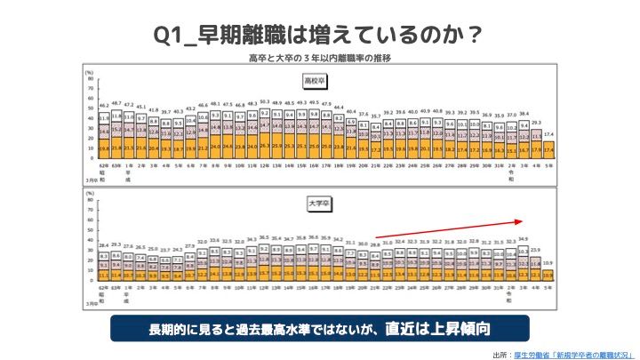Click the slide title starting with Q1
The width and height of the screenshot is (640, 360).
click(319, 33)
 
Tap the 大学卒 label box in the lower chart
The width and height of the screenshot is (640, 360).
click(317, 202)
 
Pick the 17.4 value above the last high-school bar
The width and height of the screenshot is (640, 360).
click(549, 133)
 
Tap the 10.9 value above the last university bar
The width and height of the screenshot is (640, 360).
click(549, 264)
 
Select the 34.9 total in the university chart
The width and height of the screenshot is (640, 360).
click(523, 238)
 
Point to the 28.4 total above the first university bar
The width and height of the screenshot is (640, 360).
click(104, 244)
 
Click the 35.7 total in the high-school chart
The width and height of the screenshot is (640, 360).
click(376, 116)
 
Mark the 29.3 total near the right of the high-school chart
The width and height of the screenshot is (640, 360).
click(536, 122)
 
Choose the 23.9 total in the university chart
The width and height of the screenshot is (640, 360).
click(536, 251)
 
